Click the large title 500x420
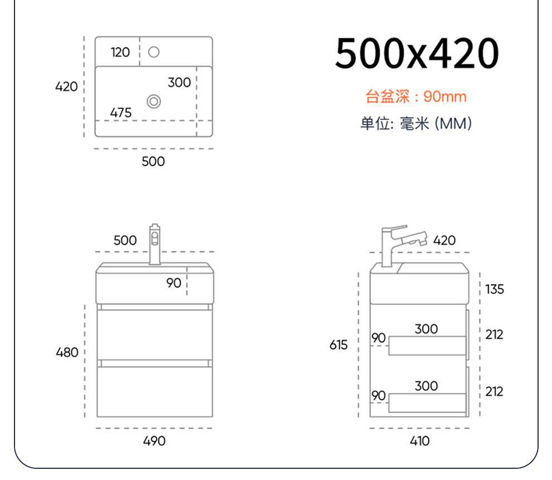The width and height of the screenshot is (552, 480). (x=417, y=54)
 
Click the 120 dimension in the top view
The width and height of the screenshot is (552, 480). (x=120, y=52)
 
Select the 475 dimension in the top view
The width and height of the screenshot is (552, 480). (x=121, y=113)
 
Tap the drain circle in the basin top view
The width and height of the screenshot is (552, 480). (x=154, y=101)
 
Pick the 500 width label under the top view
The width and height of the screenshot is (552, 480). (x=153, y=161)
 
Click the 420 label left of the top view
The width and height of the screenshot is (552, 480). (x=66, y=87)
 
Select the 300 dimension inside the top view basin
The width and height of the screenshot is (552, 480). (x=179, y=83)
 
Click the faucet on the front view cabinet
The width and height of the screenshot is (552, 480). (x=154, y=243)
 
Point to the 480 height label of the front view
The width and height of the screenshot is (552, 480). (x=67, y=353)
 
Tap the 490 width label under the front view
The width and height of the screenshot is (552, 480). (x=154, y=441)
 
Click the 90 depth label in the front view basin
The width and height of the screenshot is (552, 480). (x=174, y=283)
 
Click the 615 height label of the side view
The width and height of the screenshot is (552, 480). (x=338, y=345)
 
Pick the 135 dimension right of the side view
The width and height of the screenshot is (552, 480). (x=494, y=289)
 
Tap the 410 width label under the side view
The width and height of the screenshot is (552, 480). (x=419, y=441)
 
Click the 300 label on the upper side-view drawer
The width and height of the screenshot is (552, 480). (x=426, y=329)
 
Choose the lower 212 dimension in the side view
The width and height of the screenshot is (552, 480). (x=494, y=392)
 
